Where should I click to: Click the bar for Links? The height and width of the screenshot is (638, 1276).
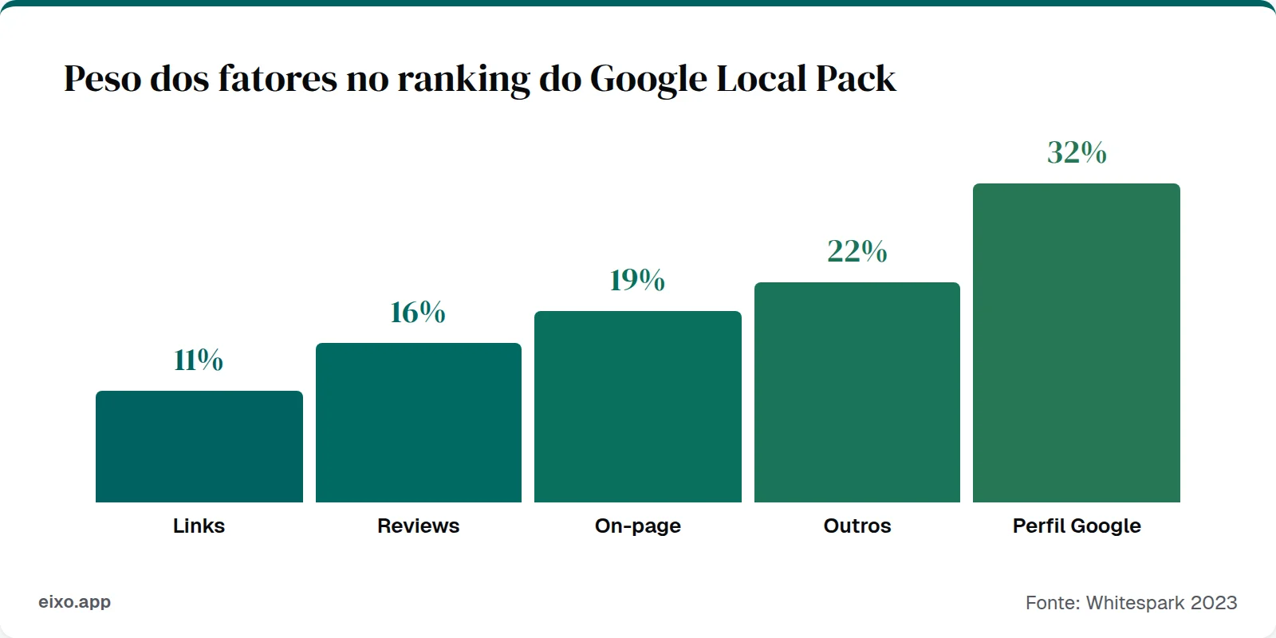(x=199, y=447)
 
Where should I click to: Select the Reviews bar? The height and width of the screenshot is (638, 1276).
(x=419, y=423)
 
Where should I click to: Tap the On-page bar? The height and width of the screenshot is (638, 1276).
(x=638, y=407)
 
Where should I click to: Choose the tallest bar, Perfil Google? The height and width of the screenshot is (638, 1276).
(x=1077, y=343)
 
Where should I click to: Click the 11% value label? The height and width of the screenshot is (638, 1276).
(x=199, y=360)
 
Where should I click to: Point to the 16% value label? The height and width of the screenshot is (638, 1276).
(x=418, y=312)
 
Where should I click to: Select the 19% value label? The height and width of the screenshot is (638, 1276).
(x=637, y=280)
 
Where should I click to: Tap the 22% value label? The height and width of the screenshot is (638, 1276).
(x=857, y=251)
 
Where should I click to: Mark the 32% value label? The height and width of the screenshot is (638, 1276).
(x=1077, y=152)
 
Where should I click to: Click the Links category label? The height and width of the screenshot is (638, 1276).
(x=199, y=526)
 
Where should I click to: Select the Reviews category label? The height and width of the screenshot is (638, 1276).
(x=418, y=526)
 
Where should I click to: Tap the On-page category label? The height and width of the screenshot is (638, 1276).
(x=638, y=526)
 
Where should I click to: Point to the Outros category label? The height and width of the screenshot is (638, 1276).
(x=857, y=526)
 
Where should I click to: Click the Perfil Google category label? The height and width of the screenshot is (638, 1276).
(x=1077, y=526)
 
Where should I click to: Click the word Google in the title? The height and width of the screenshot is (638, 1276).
(x=648, y=79)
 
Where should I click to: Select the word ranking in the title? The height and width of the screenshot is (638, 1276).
(x=463, y=79)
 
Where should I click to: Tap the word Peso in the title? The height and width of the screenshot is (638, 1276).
(x=102, y=79)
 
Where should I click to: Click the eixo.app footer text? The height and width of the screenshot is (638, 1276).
(x=75, y=602)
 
